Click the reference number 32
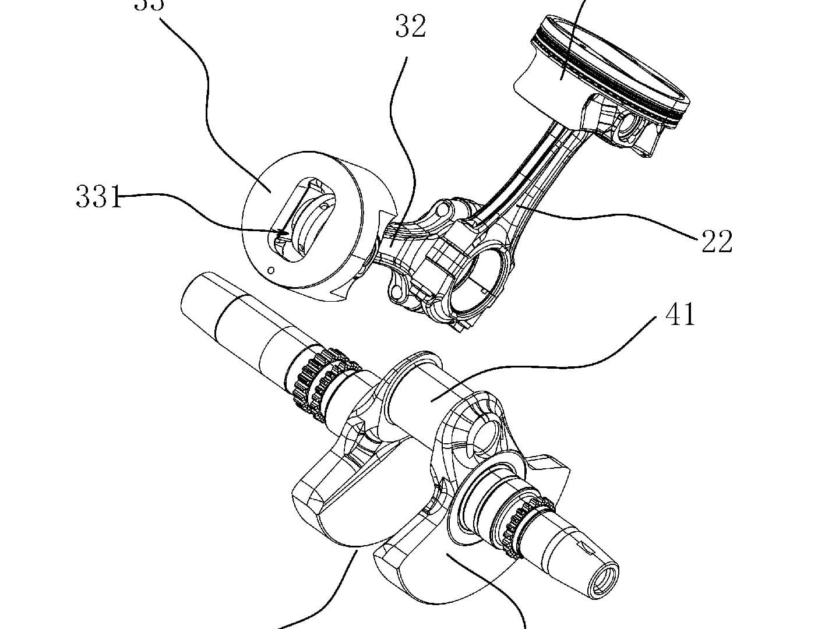[x=411, y=27]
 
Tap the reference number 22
[x=716, y=241]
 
